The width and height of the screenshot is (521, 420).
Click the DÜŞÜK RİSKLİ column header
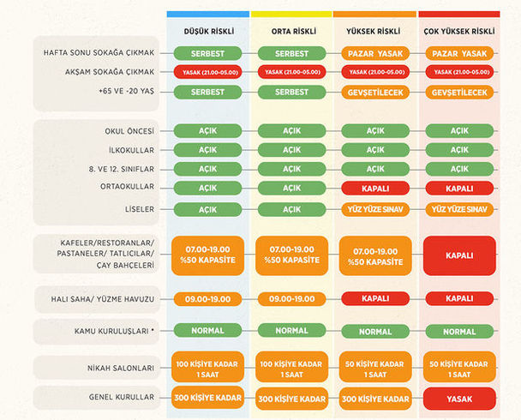(208, 31)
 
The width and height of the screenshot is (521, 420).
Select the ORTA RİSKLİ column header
(291, 31)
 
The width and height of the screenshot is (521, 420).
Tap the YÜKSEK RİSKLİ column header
(374, 31)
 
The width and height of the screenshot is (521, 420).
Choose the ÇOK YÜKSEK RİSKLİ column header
(459, 31)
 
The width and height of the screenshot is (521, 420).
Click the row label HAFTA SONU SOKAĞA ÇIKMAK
(99, 53)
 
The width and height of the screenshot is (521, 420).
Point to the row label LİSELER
(137, 209)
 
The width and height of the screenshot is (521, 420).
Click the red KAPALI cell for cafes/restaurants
(459, 255)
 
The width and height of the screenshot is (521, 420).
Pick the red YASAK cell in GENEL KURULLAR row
(459, 399)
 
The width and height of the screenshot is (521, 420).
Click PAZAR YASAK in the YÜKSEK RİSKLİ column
(375, 53)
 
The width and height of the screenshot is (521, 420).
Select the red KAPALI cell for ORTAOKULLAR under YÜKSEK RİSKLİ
(375, 188)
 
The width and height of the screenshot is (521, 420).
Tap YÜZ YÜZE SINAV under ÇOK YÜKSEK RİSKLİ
(459, 209)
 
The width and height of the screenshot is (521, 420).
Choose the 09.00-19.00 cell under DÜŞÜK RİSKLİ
(208, 298)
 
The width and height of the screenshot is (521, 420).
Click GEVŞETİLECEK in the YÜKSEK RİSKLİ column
(375, 92)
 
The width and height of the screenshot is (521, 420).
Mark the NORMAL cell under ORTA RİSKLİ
(291, 331)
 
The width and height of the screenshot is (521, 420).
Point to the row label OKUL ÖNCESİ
(126, 131)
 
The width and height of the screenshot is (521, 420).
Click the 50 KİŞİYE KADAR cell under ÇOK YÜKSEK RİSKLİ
(459, 368)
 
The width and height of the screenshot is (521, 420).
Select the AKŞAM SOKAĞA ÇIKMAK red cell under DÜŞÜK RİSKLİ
(208, 72)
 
